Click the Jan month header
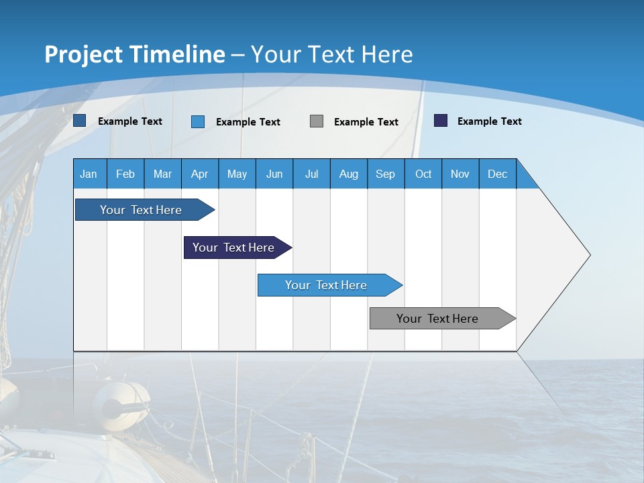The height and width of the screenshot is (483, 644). click(89, 174)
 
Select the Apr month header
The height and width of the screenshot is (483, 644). click(199, 174)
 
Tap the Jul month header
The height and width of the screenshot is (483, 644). click(311, 174)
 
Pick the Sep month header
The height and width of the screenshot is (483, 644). click(385, 174)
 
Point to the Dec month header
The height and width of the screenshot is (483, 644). click(497, 174)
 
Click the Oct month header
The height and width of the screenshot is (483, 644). click(423, 174)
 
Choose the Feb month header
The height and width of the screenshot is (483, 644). click(125, 174)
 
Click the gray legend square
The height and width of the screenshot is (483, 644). click(317, 121)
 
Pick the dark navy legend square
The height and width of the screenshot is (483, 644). click(441, 121)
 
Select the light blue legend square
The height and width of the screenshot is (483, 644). click(198, 121)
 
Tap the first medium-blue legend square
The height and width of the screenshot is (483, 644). click(80, 121)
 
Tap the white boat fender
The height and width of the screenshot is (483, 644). click(121, 400)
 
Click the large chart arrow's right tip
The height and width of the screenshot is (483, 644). click(588, 255)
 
